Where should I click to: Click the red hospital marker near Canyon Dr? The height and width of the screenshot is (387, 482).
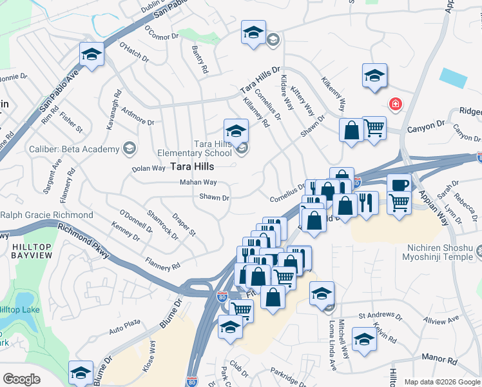click(x=394, y=104)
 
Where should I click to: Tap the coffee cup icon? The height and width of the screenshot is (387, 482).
click(x=400, y=184)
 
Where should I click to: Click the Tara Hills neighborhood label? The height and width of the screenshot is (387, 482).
click(x=193, y=166)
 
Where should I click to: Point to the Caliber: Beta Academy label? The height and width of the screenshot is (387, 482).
click(x=74, y=150)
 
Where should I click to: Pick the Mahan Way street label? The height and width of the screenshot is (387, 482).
click(x=198, y=183)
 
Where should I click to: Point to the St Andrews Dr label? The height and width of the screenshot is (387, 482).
click(x=380, y=317)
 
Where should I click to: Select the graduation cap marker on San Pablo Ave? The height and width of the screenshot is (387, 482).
click(x=92, y=54)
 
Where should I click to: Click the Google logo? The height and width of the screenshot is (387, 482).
click(x=21, y=379)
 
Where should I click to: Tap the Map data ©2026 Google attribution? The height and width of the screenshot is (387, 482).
click(x=441, y=382)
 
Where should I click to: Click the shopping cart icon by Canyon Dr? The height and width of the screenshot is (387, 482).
click(x=374, y=128)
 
